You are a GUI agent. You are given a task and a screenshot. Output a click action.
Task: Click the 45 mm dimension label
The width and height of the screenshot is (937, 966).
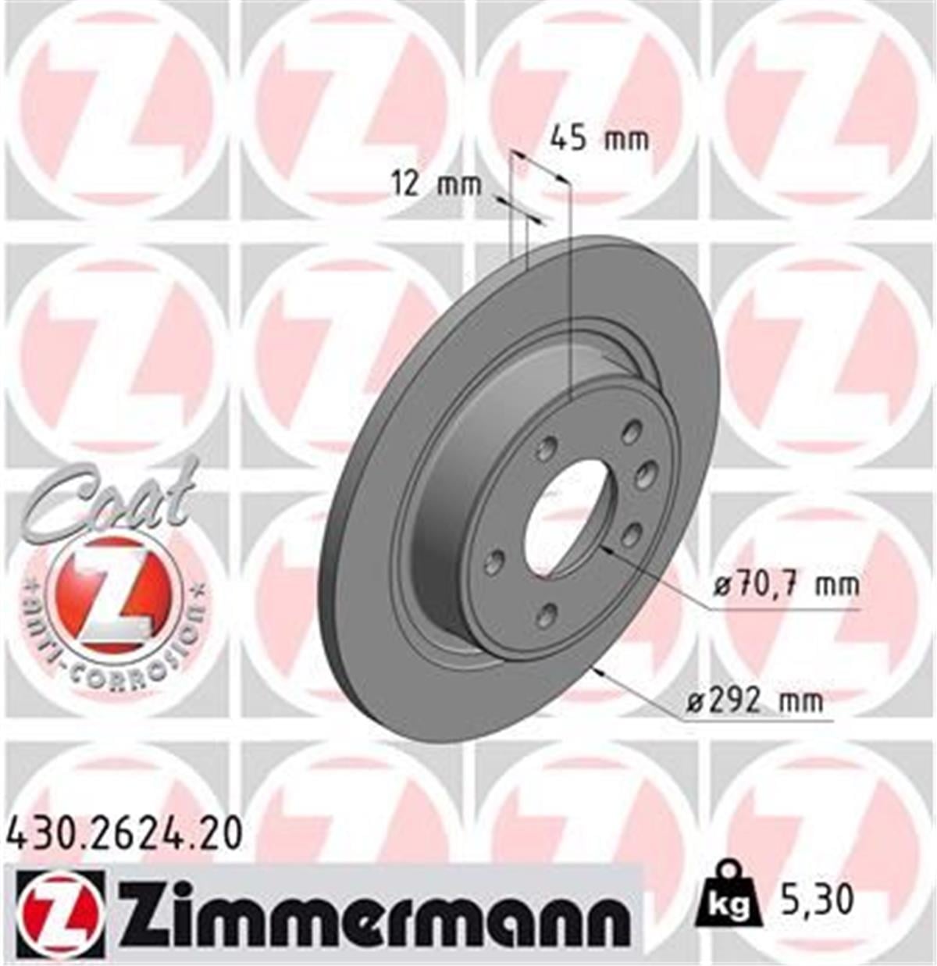[599, 139]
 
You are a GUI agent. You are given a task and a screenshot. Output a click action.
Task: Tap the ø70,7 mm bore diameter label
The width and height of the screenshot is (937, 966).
[786, 583]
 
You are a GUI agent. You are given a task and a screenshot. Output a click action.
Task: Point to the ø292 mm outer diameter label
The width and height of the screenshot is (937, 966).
[754, 700]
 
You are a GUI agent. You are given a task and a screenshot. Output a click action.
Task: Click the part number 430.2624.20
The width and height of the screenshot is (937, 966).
[125, 834]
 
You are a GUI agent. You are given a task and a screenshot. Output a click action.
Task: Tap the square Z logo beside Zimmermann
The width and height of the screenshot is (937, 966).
[59, 914]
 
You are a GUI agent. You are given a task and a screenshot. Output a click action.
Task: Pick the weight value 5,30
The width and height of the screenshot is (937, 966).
[814, 900]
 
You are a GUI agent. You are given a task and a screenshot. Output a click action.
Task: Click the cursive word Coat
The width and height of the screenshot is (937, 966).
[109, 500]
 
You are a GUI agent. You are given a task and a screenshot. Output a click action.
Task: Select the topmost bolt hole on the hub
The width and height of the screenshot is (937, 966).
[632, 430]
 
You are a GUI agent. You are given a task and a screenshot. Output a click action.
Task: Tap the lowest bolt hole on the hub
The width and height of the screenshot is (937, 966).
[548, 615]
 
